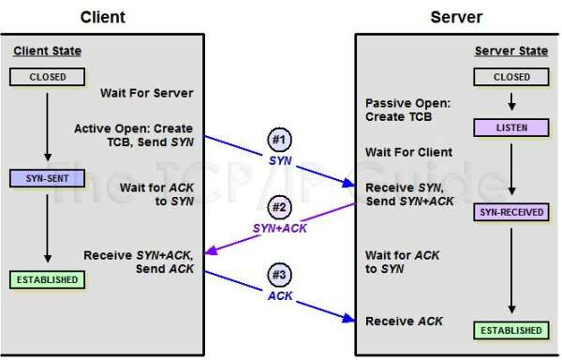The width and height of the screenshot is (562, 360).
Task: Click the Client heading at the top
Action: point(104,16)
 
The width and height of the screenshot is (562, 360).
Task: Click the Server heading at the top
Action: point(456,16)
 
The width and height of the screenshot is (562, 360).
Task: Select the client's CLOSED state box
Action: point(46,78)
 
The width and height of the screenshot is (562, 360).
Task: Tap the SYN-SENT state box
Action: point(46,177)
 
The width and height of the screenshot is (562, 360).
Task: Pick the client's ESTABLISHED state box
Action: point(46,279)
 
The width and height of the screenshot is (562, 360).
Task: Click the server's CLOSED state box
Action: point(511,77)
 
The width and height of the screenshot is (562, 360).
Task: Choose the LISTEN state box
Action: point(511,127)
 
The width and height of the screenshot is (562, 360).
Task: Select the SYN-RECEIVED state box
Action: point(511,212)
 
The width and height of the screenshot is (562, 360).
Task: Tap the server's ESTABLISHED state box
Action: point(511,330)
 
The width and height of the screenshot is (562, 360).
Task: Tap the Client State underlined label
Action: point(47,50)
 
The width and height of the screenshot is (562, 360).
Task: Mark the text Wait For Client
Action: point(408,152)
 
